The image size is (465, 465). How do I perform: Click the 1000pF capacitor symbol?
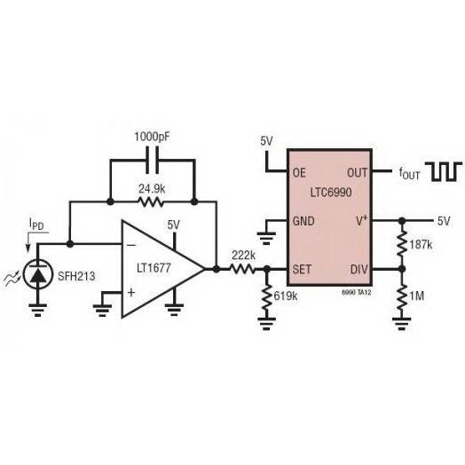coord(153,161)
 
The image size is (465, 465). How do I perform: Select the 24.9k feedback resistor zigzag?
coord(151,202)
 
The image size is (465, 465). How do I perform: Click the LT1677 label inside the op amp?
coord(154,268)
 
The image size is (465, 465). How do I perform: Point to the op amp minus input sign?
coord(131,245)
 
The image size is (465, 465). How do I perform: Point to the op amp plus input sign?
coord(131,293)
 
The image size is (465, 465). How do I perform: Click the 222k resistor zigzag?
coord(242,269)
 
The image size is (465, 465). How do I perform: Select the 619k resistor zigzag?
coord(267,298)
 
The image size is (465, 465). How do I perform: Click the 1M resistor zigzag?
coord(402,297)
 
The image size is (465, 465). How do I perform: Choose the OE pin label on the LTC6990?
coord(299,172)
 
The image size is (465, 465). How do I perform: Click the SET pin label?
coord(302,269)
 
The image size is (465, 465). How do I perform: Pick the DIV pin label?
coord(359,269)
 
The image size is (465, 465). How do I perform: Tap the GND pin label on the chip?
coord(303,221)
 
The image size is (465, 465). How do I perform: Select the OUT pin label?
coord(357,172)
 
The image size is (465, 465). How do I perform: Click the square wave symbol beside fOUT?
coord(444,171)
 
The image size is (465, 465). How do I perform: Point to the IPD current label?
coord(36,224)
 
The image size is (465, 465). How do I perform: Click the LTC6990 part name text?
coord(331,193)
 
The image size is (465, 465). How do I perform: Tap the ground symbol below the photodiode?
coord(37,311)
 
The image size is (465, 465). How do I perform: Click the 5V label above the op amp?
coord(173,225)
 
